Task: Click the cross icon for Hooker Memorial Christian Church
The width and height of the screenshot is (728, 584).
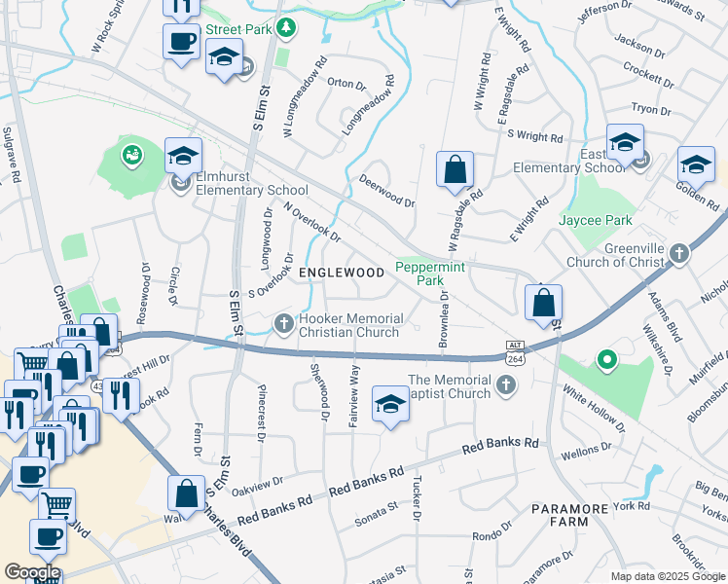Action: pos(283,322)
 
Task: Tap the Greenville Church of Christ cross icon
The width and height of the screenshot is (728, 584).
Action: pos(679,254)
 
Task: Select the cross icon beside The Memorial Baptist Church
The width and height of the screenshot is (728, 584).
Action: pos(504,387)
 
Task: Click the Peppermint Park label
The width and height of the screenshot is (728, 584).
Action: pos(423,273)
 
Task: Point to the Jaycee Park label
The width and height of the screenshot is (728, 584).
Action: pos(596,220)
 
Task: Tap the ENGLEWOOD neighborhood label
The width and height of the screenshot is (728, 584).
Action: pos(342,273)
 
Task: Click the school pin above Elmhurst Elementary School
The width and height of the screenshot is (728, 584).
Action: pos(183,156)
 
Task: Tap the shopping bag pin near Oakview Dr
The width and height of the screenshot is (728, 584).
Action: pos(185,493)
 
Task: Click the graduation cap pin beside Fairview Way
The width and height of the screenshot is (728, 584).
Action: pos(389,404)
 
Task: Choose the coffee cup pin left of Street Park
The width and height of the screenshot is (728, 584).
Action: pos(181,43)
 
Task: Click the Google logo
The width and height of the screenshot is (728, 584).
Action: pos(31,572)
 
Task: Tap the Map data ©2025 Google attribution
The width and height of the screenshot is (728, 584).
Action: pos(668,576)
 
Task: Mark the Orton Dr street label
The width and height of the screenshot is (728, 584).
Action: pos(346,83)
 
